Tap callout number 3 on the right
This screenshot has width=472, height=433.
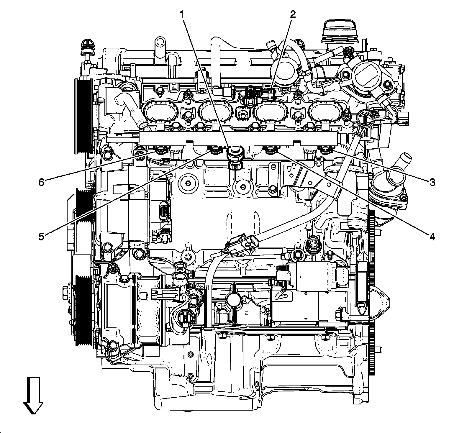click(432, 182)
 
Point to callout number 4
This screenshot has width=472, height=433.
click(432, 236)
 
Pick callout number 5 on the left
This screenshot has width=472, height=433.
click(41, 237)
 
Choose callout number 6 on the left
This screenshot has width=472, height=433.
click(41, 182)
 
